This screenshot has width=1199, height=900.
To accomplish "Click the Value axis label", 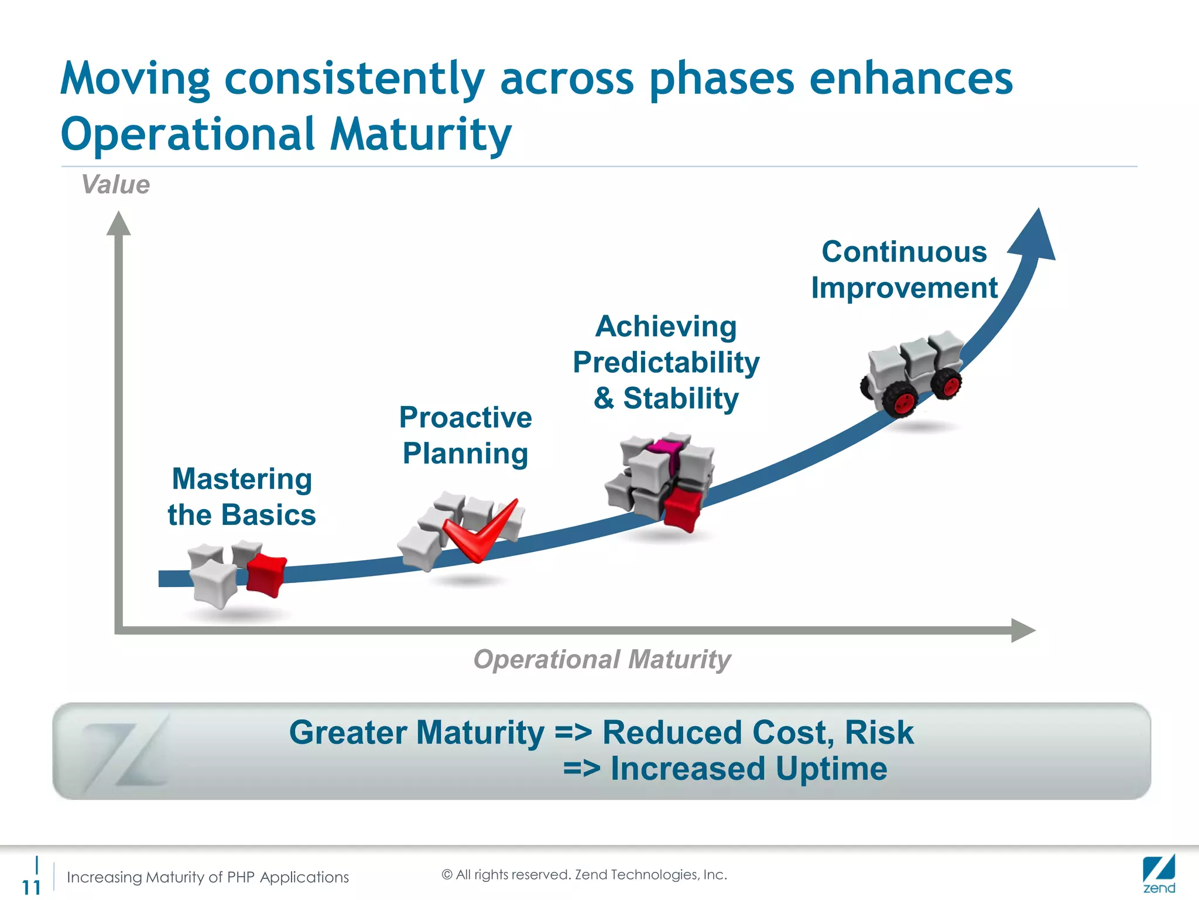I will pyautogui.click(x=115, y=185).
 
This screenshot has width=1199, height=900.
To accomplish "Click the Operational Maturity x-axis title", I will pyautogui.click(x=602, y=659).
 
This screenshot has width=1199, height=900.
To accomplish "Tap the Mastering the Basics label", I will pyautogui.click(x=241, y=497).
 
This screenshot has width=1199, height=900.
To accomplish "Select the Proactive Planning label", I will pyautogui.click(x=465, y=435).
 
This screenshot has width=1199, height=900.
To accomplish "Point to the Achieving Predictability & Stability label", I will pyautogui.click(x=666, y=362).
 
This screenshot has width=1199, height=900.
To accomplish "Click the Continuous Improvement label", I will pyautogui.click(x=904, y=270).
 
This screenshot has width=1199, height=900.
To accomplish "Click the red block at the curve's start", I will pyautogui.click(x=266, y=575).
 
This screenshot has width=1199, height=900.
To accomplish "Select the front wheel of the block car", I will pyautogui.click(x=900, y=401).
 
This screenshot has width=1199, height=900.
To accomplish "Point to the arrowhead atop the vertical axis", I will pyautogui.click(x=118, y=224).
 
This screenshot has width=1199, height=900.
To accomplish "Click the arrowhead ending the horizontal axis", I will pyautogui.click(x=1022, y=630).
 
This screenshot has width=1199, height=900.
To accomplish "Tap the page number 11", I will pyautogui.click(x=31, y=887).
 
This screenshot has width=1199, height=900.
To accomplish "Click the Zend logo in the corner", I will pyautogui.click(x=1159, y=874).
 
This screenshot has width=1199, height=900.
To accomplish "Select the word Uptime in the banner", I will pyautogui.click(x=831, y=768).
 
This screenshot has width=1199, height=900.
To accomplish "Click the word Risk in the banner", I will pyautogui.click(x=879, y=732).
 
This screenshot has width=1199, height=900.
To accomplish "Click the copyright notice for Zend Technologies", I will pyautogui.click(x=584, y=874).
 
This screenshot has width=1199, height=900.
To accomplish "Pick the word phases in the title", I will pyautogui.click(x=721, y=79).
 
